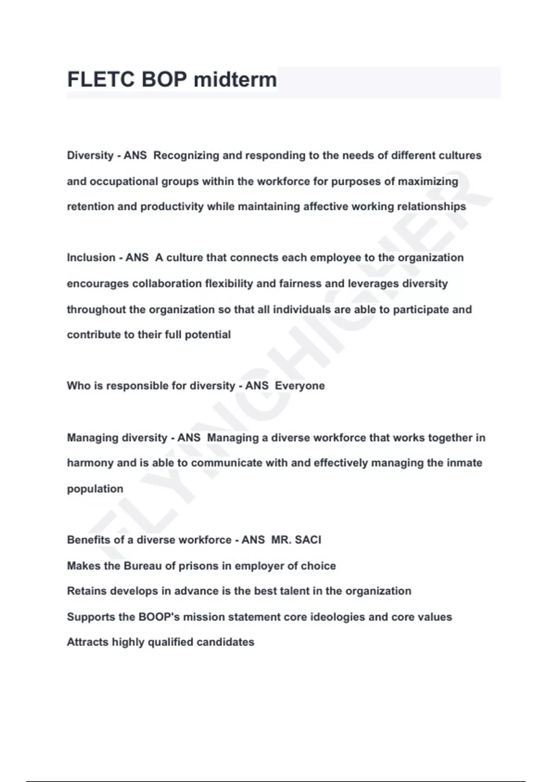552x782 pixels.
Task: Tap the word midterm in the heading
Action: click(x=235, y=80)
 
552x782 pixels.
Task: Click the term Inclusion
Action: click(x=91, y=258)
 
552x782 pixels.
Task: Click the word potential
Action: click(x=207, y=335)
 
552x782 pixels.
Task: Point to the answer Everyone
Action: click(x=300, y=386)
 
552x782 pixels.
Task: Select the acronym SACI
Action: click(x=309, y=540)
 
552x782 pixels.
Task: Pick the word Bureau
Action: click(x=143, y=566)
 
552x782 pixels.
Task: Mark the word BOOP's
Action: click(x=159, y=617)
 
